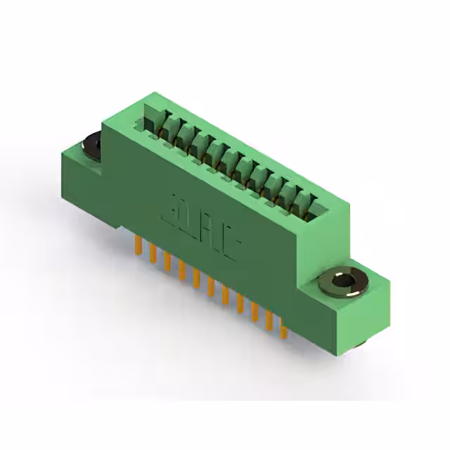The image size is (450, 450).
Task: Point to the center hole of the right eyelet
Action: point(342,281)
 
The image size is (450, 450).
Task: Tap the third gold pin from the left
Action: point(167,262)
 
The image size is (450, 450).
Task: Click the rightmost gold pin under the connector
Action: point(283,328)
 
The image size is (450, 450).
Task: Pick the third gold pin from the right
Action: point(255,312)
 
